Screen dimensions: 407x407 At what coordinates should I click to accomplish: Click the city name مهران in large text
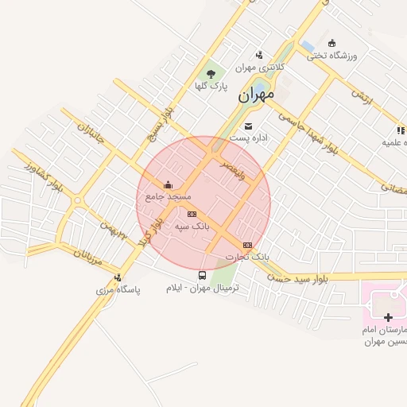(255, 95)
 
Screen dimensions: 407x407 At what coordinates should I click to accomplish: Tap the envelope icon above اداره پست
(249, 126)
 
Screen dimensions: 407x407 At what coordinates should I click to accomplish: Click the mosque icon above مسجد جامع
(167, 186)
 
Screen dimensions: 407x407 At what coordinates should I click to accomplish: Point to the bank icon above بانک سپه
(191, 214)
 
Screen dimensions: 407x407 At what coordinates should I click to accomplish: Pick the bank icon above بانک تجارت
(248, 246)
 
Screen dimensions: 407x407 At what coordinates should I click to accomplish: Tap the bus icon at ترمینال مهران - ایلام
(201, 276)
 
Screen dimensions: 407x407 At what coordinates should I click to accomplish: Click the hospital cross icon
(388, 317)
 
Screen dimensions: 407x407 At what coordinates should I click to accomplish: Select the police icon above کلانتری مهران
(259, 55)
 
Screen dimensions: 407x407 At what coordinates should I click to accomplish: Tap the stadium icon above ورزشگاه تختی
(331, 43)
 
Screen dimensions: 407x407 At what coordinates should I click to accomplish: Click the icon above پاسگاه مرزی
(118, 277)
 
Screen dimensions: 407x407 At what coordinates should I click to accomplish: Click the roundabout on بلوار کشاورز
(77, 201)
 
